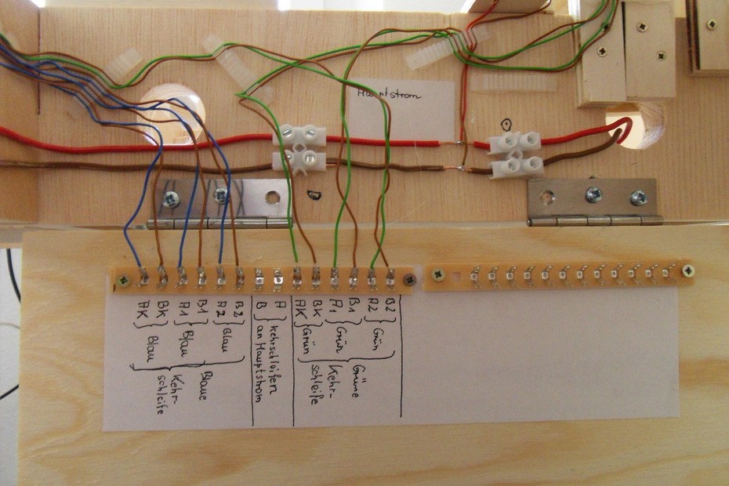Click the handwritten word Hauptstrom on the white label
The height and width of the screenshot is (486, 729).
pyautogui.click(x=388, y=95)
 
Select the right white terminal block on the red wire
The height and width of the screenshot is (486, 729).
pyautogui.click(x=514, y=142)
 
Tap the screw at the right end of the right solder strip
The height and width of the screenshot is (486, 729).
pyautogui.click(x=687, y=271)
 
